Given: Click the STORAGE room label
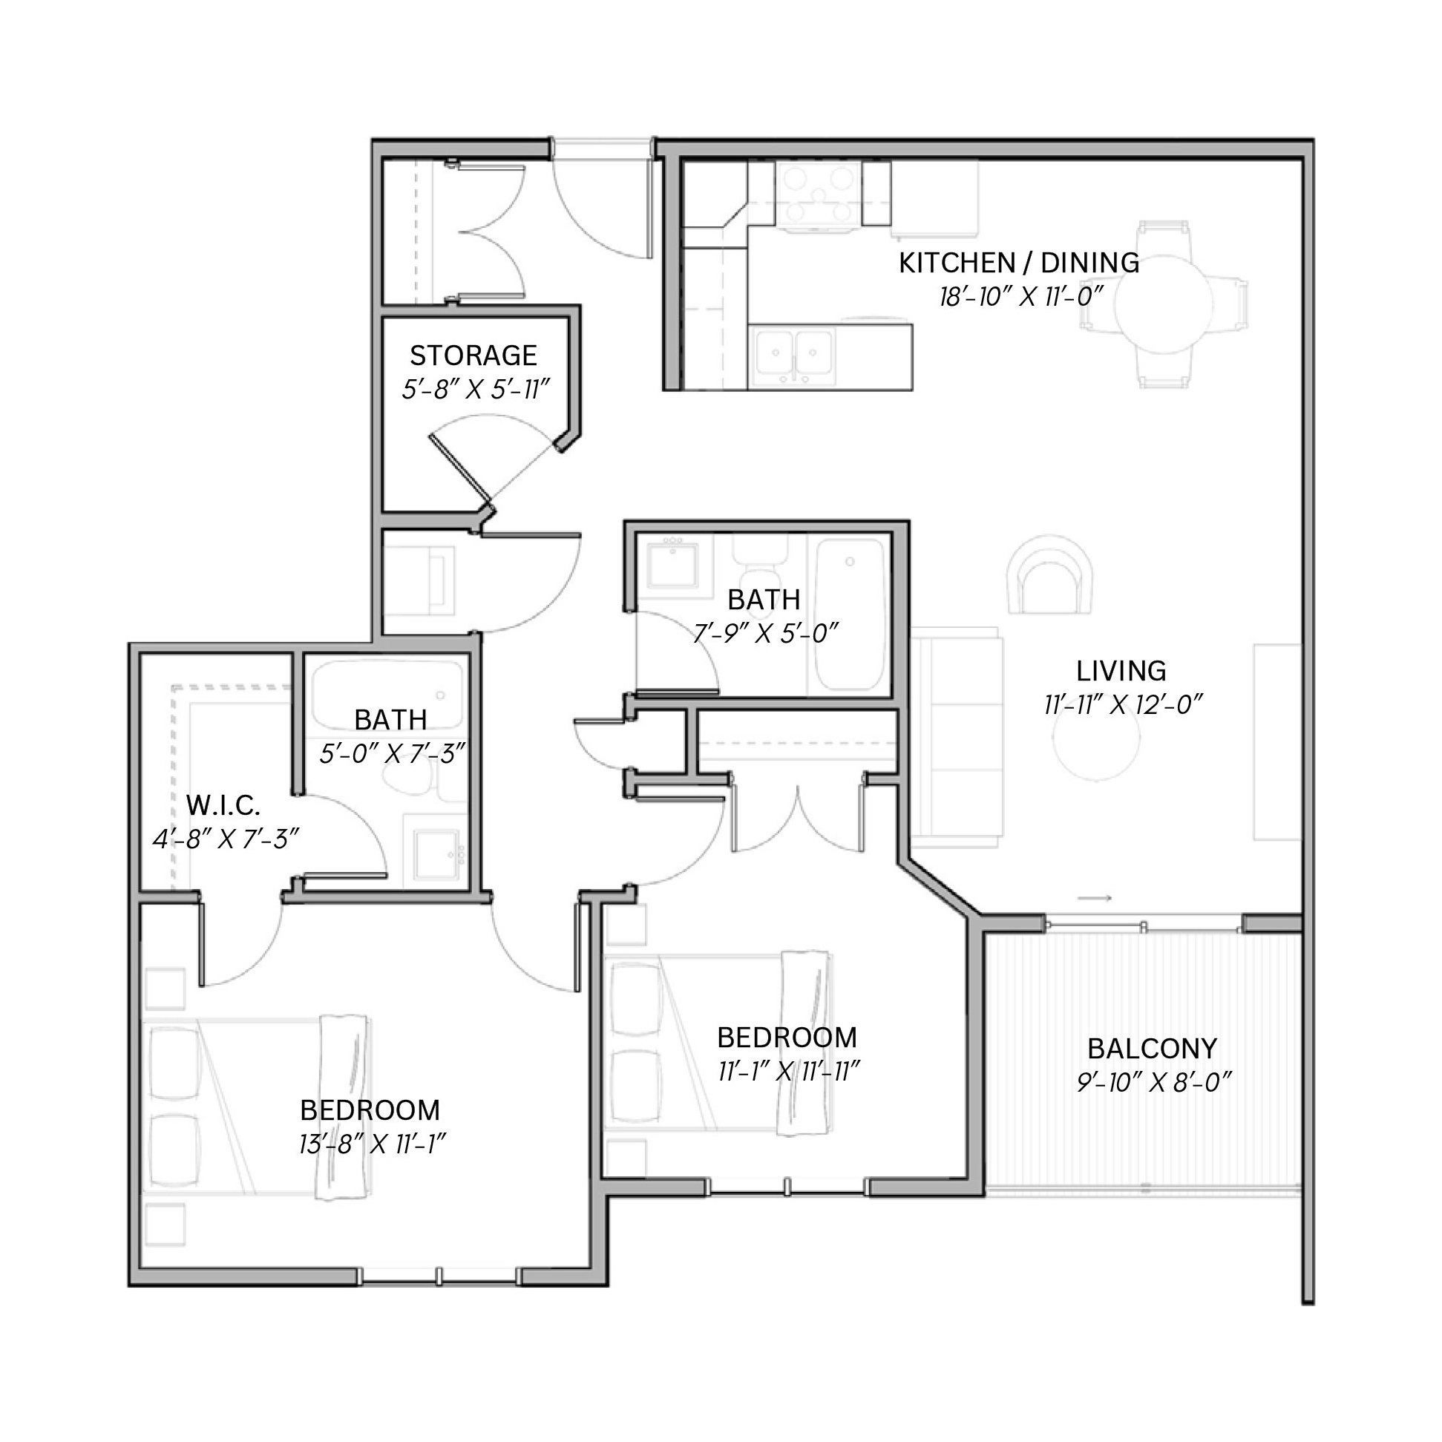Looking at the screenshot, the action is coord(473,355).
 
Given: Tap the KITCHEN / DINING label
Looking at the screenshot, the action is coord(1019,263).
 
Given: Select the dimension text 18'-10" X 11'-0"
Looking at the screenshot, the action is coord(1020,297).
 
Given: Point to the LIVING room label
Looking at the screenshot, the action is coord(1121,671).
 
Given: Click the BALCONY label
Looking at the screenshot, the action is coord(1153,1049).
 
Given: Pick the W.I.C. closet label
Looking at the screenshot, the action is coord(223,805).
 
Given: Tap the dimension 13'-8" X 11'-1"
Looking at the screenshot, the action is coord(373,1144).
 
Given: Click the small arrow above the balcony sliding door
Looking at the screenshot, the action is coord(1095,898).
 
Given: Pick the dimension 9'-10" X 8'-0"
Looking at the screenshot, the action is coord(1153,1082).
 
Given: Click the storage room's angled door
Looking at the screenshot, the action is coord(460,470).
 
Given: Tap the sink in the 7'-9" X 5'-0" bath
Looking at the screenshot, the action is coord(672,565).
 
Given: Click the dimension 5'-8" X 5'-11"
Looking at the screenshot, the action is coord(475,389).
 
